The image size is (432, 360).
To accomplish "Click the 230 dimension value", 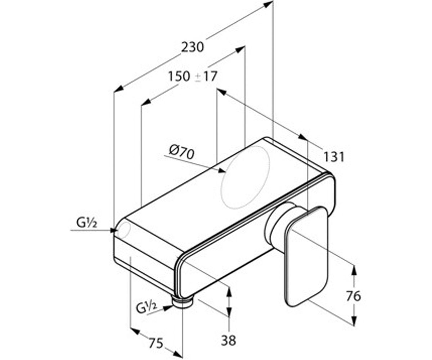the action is point(192,47).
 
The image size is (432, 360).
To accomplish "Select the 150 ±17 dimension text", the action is point(193,76).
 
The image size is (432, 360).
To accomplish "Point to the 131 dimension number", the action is point(334,157).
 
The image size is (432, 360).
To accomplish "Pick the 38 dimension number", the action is point(228,340).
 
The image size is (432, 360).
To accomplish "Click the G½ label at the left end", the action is point(86,223).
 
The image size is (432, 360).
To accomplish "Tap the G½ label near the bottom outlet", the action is point(146,307).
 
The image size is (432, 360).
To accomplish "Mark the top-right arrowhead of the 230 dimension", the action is point(268,4).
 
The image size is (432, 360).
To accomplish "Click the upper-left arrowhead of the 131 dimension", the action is point(221,92).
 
